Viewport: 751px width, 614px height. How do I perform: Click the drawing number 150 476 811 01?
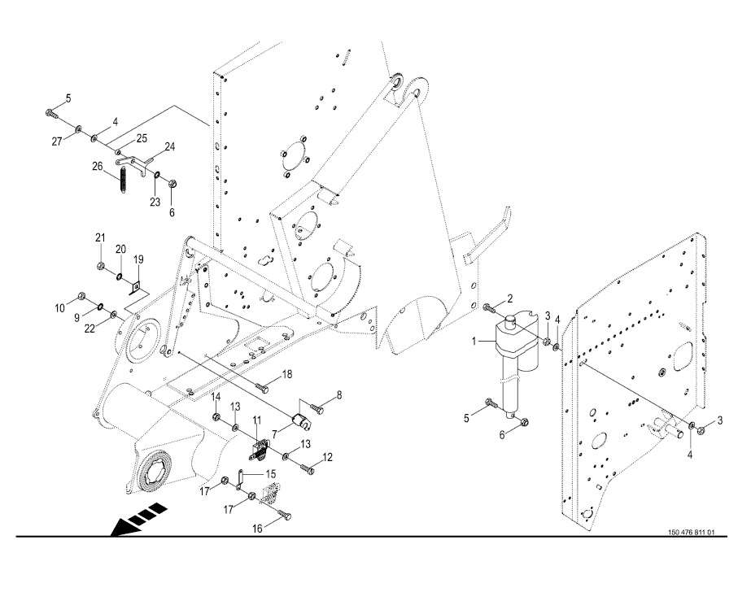click(691, 533)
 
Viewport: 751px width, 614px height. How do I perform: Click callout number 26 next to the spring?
click(97, 167)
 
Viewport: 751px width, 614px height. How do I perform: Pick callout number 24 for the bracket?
click(170, 147)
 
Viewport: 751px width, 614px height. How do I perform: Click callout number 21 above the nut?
click(100, 237)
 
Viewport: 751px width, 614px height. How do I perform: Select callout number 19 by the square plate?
click(138, 259)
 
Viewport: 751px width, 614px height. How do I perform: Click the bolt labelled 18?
click(263, 387)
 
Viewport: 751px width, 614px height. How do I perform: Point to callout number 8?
click(317, 395)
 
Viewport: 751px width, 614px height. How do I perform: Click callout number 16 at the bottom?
click(256, 528)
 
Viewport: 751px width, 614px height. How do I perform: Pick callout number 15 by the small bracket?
click(272, 473)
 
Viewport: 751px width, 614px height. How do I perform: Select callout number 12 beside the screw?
click(327, 458)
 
